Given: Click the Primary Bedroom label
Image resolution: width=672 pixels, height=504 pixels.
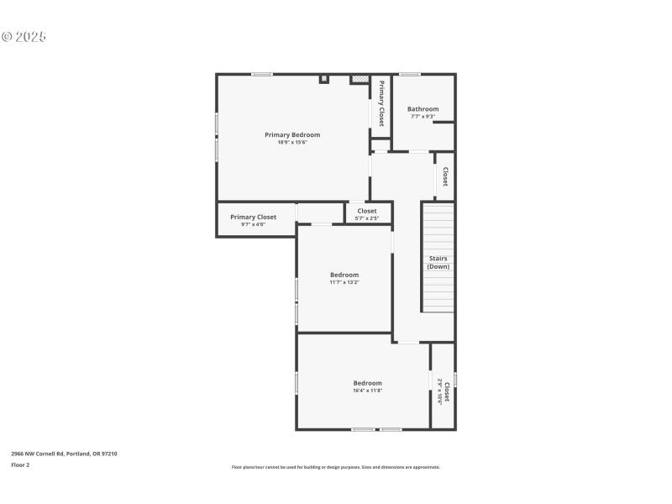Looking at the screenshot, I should (292, 134).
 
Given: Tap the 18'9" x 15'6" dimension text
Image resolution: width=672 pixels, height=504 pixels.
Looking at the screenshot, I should (292, 142).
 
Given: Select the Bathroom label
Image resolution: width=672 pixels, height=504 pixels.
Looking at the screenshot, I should (423, 109).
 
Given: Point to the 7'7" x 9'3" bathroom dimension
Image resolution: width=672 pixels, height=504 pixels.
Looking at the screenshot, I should (423, 117).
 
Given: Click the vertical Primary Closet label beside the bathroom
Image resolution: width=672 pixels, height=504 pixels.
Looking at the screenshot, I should (381, 103).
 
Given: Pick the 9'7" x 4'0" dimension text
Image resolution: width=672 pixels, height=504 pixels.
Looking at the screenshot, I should (253, 224).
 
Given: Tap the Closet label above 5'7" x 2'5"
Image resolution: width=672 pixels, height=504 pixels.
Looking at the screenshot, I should (367, 211).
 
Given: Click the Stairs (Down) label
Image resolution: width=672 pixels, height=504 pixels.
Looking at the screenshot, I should (438, 262).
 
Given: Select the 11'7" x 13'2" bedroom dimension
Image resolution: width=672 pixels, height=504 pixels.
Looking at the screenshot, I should (344, 282).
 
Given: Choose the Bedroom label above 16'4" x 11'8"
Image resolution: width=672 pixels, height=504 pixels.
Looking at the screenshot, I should (367, 383).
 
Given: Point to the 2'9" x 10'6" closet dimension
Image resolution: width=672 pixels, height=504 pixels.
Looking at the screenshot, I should (440, 392).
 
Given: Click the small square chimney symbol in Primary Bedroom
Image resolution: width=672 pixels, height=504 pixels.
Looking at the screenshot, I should (324, 80).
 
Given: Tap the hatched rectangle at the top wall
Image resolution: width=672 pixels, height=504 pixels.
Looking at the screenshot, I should (360, 80).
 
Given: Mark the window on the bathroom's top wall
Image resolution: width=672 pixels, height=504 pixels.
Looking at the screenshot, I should (409, 75).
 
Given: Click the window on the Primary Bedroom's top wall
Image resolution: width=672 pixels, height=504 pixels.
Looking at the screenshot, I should (262, 75).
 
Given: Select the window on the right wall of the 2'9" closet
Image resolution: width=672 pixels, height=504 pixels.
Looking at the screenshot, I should (455, 380).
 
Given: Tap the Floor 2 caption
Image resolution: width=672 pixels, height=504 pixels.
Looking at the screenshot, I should (20, 465).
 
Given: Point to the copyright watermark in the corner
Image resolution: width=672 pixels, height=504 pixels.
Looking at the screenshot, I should (24, 37).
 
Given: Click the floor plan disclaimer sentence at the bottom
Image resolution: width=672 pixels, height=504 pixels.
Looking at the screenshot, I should (335, 467).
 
